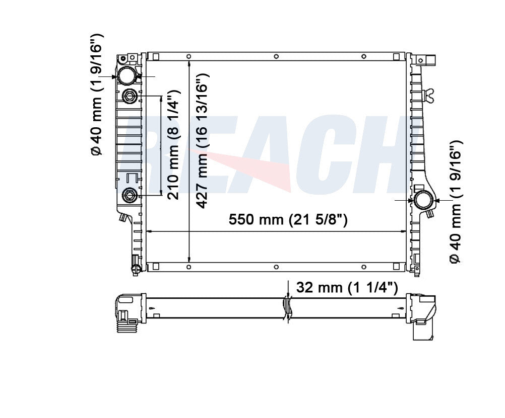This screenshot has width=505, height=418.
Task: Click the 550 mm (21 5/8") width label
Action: (x=288, y=220)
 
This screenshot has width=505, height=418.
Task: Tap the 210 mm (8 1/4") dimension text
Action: (x=174, y=145)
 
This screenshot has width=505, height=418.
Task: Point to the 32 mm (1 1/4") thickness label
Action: (x=347, y=287)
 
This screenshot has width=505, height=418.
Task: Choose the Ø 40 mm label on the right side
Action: (x=455, y=201)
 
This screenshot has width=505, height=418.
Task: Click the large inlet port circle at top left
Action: (x=127, y=76)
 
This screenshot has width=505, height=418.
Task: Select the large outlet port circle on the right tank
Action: (x=423, y=201)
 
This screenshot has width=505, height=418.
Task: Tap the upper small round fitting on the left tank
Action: (x=130, y=95)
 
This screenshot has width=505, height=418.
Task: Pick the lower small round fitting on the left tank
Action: (x=130, y=194)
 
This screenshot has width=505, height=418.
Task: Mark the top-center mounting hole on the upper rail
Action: (x=275, y=56)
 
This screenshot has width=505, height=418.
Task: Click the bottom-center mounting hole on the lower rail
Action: (x=275, y=266)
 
